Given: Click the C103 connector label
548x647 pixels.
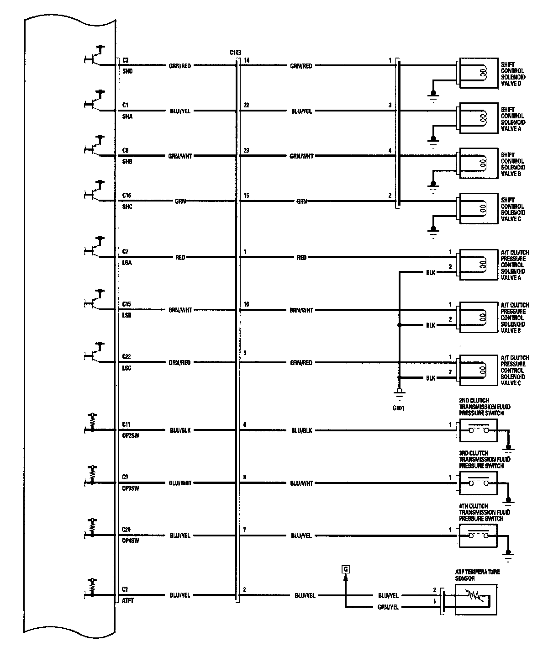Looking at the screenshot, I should click(x=235, y=53).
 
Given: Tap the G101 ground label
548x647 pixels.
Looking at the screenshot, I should click(x=398, y=408).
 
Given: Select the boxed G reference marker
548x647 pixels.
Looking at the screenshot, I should click(x=345, y=569).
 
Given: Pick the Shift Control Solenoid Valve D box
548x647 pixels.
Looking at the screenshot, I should click(x=478, y=73).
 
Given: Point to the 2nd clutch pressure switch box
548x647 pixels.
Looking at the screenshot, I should click(x=477, y=431).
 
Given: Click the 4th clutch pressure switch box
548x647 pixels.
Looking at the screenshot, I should click(x=477, y=535).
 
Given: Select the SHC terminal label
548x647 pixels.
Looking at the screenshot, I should click(x=127, y=207).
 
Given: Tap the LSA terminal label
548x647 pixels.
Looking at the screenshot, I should click(x=127, y=263).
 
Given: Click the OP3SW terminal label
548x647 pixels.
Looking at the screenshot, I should click(x=131, y=488).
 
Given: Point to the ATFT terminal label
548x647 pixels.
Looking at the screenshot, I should click(x=127, y=600).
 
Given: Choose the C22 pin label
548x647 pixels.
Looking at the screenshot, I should click(x=127, y=356).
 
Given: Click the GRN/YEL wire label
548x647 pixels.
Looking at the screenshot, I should click(x=388, y=607).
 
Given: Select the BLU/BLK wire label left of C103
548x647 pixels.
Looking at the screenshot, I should click(x=180, y=430).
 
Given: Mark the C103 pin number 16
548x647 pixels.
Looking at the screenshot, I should click(x=247, y=304).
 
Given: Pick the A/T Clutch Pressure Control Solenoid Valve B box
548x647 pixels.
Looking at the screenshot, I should click(x=478, y=316).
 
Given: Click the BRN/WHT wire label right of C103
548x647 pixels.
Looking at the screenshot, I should click(x=301, y=310).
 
